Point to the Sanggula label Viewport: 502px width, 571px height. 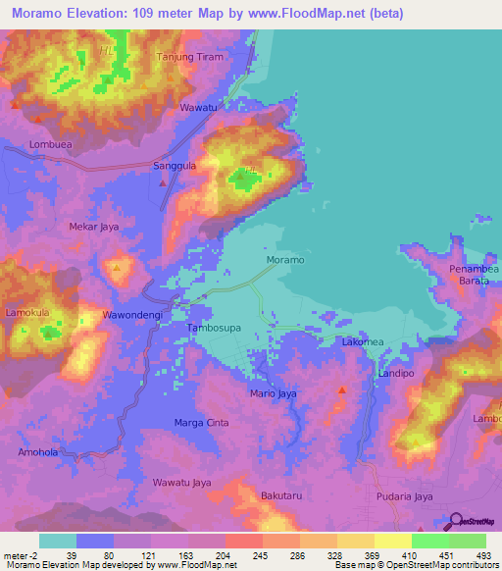click(176, 167)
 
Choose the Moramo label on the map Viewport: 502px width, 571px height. click(285, 260)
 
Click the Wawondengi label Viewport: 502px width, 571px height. click(132, 316)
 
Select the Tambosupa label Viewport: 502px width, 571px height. click(214, 331)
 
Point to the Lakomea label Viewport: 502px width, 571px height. click(364, 341)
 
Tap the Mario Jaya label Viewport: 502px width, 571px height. click(274, 394)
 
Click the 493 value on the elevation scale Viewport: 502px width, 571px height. click(481, 555)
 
